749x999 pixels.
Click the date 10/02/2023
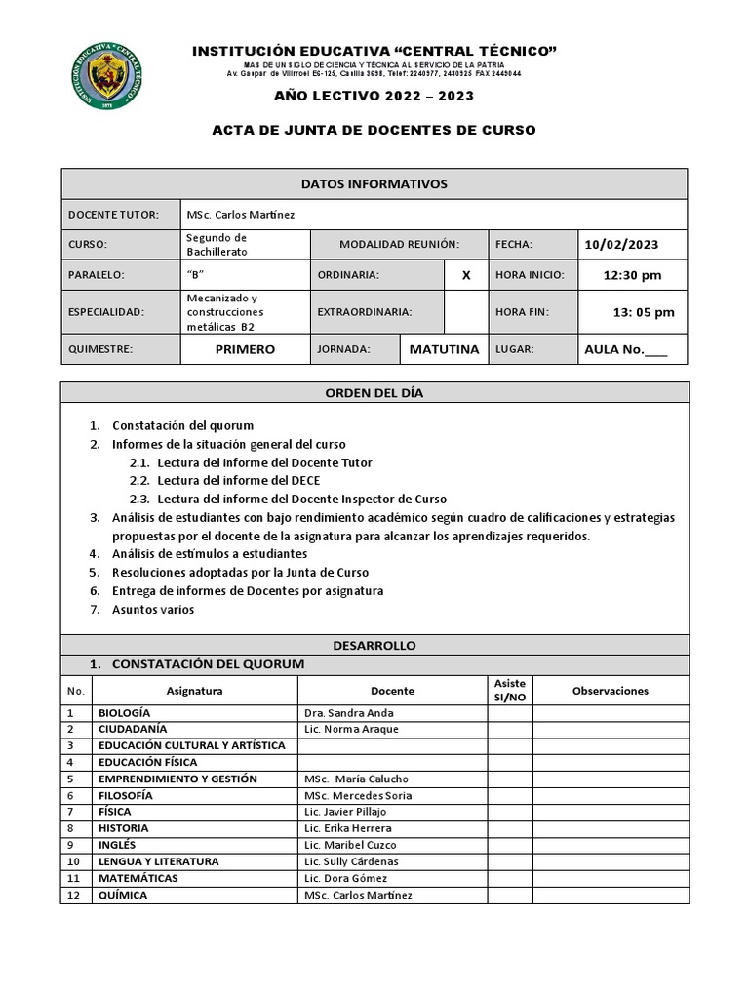pyautogui.click(x=621, y=245)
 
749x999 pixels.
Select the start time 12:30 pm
pyautogui.click(x=632, y=275)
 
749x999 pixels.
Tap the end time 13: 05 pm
pyautogui.click(x=643, y=312)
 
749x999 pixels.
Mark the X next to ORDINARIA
pyautogui.click(x=466, y=275)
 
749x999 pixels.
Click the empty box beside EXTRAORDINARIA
pyautogui.click(x=466, y=312)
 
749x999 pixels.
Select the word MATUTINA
pyautogui.click(x=444, y=349)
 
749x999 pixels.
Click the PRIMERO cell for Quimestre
pyautogui.click(x=245, y=349)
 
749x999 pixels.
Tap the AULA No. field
pyautogui.click(x=625, y=349)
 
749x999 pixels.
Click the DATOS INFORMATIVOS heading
pyautogui.click(x=374, y=184)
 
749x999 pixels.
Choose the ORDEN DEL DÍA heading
pyautogui.click(x=374, y=393)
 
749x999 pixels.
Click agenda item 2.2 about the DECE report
pyautogui.click(x=238, y=481)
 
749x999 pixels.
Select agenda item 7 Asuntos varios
pyautogui.click(x=153, y=610)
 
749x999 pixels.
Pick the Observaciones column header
pyautogui.click(x=611, y=691)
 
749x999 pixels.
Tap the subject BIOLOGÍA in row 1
pyautogui.click(x=124, y=713)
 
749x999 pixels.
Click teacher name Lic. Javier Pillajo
pyautogui.click(x=345, y=812)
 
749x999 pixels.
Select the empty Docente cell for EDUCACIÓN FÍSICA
pyautogui.click(x=392, y=762)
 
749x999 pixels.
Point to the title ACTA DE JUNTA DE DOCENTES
pyautogui.click(x=374, y=130)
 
